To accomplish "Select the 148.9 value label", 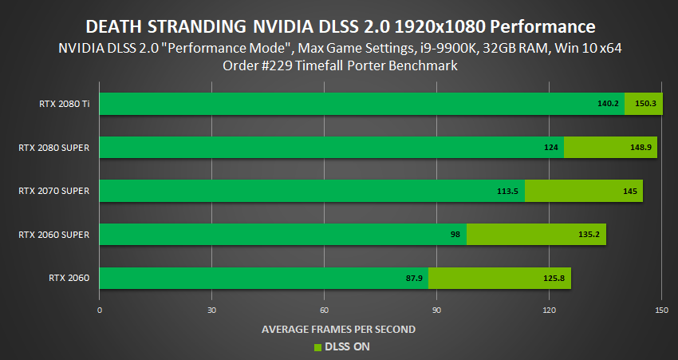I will pos(641,148).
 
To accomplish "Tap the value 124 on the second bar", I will pos(551,148).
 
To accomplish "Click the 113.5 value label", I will pos(507,191).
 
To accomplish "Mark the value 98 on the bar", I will pos(455,235).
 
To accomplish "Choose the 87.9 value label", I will pos(413,278).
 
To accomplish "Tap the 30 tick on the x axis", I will pos(211,309).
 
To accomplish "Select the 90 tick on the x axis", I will pos(436,309).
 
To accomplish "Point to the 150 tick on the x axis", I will pos(660,309).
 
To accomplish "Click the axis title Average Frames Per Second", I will pos(339,328).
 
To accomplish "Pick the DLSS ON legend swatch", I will pos(317,347).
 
